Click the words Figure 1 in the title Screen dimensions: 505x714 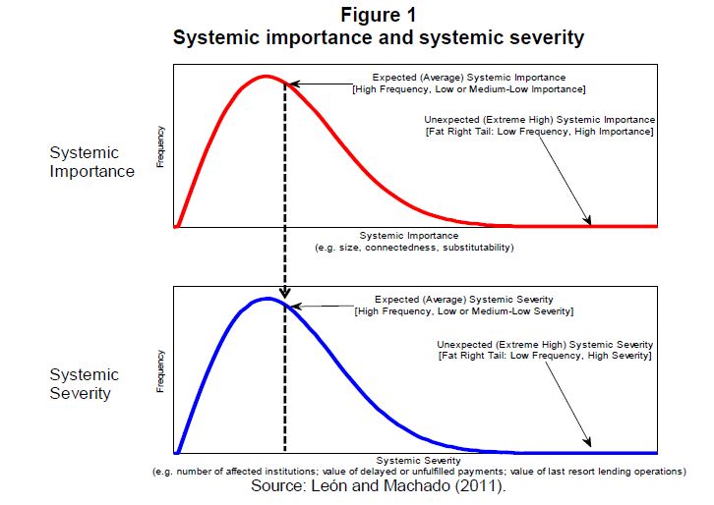pos(379,16)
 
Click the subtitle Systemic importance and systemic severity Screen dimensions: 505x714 pos(379,38)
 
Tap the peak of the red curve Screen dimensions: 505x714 pos(264,76)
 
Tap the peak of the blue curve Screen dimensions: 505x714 pos(266,298)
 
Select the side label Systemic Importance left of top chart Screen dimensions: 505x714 pos(91,162)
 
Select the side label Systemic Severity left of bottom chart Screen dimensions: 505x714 pos(85,384)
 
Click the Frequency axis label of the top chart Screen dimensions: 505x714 pos(161,146)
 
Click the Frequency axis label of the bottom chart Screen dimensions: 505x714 pos(161,371)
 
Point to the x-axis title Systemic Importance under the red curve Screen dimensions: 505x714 pos(409,236)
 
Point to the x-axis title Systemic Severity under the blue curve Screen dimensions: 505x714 pos(419,459)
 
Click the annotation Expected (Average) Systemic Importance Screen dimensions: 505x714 pos(469,78)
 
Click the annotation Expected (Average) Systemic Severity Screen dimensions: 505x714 pos(464,300)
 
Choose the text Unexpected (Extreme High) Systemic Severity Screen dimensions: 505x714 pos(545,345)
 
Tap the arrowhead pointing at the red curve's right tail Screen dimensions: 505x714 pos(588,222)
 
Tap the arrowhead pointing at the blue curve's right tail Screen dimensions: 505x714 pos(588,447)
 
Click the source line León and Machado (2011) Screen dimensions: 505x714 pos(379,486)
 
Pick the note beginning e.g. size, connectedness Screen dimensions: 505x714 pos(414,248)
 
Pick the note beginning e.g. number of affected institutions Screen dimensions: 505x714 pos(420,472)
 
